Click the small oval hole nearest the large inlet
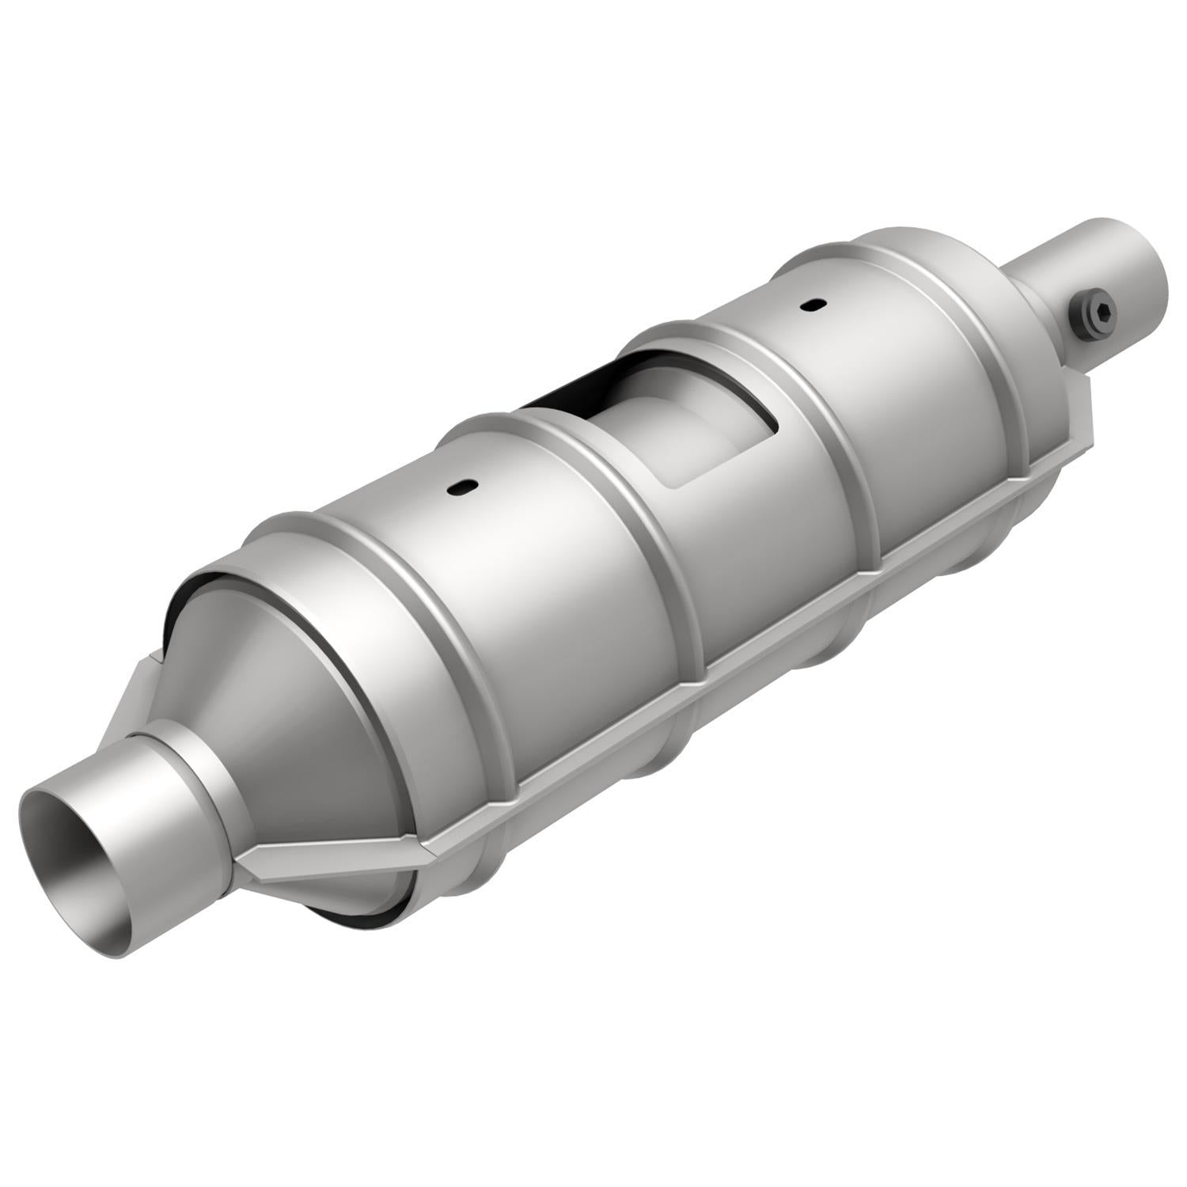click(x=459, y=490)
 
